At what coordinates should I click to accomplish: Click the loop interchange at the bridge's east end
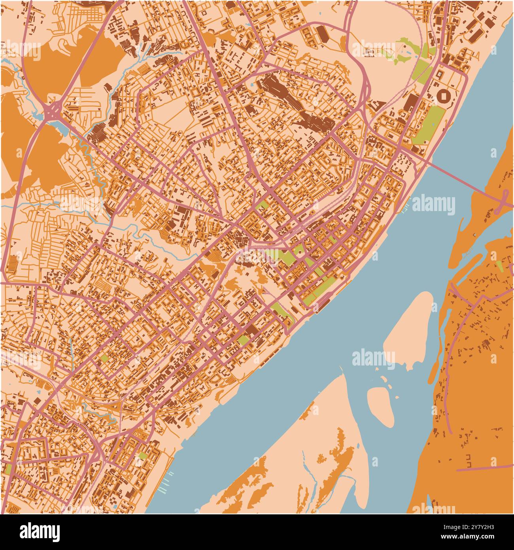pos(505,200)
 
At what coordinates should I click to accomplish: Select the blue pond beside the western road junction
pos(59,127)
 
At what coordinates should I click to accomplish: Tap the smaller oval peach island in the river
pos(380,406)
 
